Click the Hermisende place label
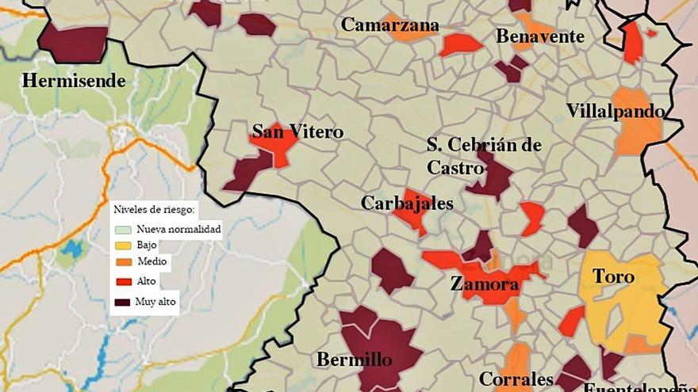coord(74,80)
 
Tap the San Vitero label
coord(297,131)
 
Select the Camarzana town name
coord(389,25)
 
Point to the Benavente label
coord(539,36)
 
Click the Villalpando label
coord(615,111)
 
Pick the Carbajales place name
coord(407,204)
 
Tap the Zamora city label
coord(484,284)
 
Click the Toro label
coord(614,276)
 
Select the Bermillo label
coord(354,360)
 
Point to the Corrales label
coord(516,379)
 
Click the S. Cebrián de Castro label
coord(484,156)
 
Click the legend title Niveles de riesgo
coord(155,210)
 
